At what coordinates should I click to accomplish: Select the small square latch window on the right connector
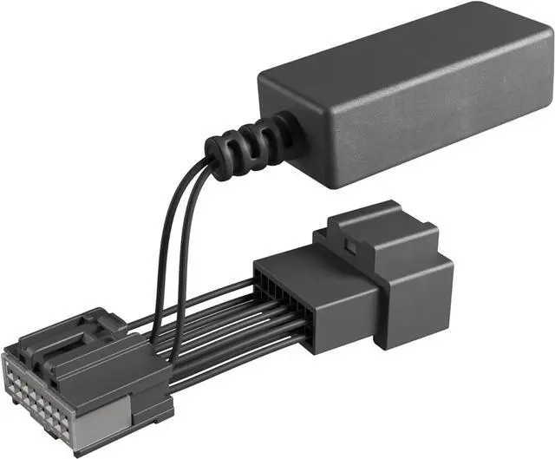coord(349,249)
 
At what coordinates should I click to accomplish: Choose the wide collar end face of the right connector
coord(416,295)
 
